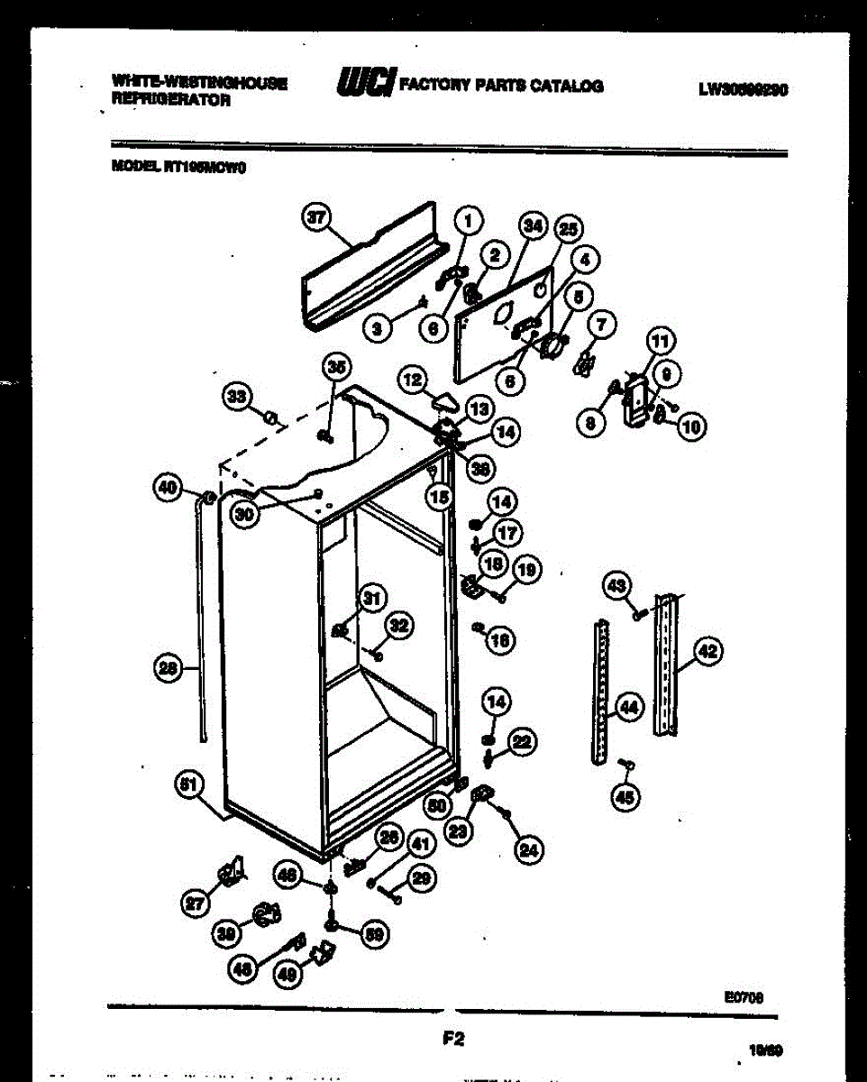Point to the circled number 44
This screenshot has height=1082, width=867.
click(x=629, y=708)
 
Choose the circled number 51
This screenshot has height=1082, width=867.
click(x=188, y=784)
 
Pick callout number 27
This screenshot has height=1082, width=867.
click(x=194, y=903)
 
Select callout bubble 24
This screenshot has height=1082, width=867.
click(x=531, y=848)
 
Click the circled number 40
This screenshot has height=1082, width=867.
click(x=168, y=488)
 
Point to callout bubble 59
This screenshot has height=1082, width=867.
click(x=371, y=935)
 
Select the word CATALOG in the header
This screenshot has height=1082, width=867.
click(x=566, y=87)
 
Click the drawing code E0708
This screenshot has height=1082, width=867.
click(x=743, y=996)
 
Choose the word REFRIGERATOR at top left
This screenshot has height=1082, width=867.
click(x=170, y=102)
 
